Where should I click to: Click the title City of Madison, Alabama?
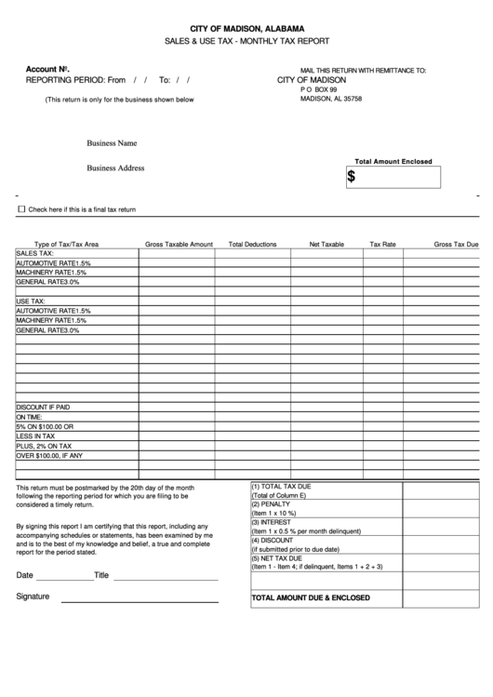click(x=246, y=29)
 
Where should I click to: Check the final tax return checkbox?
click(x=22, y=209)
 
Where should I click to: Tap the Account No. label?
click(x=47, y=70)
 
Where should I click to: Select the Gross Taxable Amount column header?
click(x=179, y=244)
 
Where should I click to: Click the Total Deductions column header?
click(x=253, y=244)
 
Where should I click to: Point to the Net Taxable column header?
click(x=326, y=244)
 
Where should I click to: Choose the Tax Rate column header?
click(x=382, y=244)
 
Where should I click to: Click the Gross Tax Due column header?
click(x=456, y=244)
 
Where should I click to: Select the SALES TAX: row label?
click(x=35, y=253)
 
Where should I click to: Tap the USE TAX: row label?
click(x=31, y=302)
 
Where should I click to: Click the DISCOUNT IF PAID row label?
click(x=43, y=408)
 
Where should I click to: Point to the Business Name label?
click(x=113, y=143)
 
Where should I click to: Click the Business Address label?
click(x=116, y=168)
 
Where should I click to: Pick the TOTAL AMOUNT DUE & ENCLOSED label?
click(x=311, y=597)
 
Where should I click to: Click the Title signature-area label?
click(x=101, y=575)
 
